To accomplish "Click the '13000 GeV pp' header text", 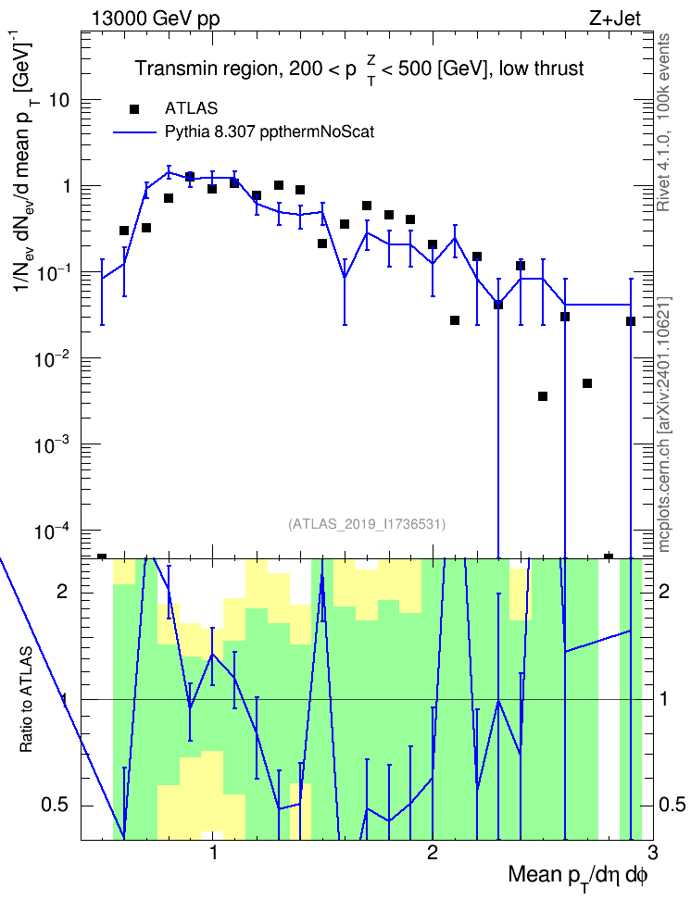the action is tap(155, 19).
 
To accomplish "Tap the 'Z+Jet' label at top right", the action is tap(615, 19).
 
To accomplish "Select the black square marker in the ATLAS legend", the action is tap(134, 108).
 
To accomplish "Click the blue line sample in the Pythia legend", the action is tap(134, 132).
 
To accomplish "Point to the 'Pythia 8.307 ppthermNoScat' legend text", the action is tap(270, 132).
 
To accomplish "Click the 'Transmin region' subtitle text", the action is tap(207, 69).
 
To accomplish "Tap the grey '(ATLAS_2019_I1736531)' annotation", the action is tap(367, 524).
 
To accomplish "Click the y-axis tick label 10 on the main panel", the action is tap(59, 100).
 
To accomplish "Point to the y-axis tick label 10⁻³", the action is tap(53, 444).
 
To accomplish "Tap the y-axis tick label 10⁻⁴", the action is tap(53, 531).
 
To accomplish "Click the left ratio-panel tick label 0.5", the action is tap(56, 806).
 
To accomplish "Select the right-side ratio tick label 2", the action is tap(664, 591).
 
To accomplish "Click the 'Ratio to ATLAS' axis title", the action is tap(27, 699).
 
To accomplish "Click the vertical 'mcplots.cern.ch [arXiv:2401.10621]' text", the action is tap(664, 425).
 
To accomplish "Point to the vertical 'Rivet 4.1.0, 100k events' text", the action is tap(663, 122).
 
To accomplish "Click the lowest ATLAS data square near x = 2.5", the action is tap(543, 396).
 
